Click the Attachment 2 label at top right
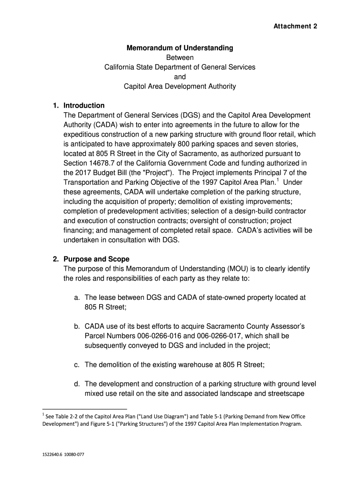click(295, 26)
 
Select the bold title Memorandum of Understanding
click(180, 48)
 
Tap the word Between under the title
click(180, 58)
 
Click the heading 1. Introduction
click(78, 105)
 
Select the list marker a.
click(77, 297)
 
